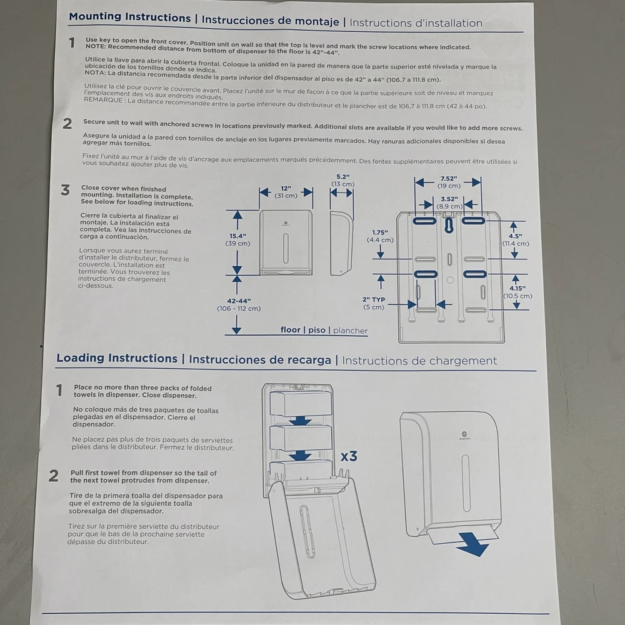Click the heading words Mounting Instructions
click(129, 17)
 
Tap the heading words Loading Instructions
click(117, 358)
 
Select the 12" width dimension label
click(286, 188)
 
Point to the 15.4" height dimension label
click(237, 236)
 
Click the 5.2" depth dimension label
click(342, 177)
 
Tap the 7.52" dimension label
click(448, 177)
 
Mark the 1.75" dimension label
click(381, 232)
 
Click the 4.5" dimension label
click(516, 236)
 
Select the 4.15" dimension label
click(517, 288)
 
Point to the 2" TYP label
click(374, 299)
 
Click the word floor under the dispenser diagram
click(291, 330)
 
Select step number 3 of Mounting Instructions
click(66, 191)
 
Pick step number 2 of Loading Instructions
click(54, 476)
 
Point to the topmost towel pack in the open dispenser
click(301, 404)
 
